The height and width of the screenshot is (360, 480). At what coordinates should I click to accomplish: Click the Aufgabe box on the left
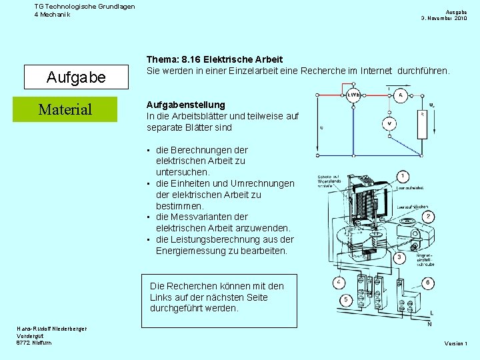coord(75,77)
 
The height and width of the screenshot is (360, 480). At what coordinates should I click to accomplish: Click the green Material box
coord(65,109)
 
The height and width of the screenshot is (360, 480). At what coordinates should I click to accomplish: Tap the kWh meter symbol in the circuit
coord(354,96)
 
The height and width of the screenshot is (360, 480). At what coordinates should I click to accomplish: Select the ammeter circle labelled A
coord(401,96)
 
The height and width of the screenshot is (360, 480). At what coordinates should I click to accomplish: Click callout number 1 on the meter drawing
coord(403,176)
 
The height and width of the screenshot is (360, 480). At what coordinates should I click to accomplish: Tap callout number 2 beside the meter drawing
coord(429,217)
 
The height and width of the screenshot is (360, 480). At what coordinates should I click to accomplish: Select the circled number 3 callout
coord(400,257)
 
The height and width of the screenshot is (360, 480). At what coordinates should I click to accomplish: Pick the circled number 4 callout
coord(339,283)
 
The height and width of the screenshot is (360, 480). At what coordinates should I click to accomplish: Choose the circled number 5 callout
coord(346,301)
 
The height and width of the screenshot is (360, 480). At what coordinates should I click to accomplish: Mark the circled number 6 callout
coord(427,283)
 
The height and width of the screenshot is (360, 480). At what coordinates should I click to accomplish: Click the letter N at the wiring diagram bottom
coord(429,324)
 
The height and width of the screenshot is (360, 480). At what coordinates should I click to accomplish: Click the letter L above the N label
coord(431,313)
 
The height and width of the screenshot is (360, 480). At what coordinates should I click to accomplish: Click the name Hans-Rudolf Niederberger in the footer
coord(52,329)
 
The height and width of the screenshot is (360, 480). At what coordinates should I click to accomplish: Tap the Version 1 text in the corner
coord(456,343)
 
